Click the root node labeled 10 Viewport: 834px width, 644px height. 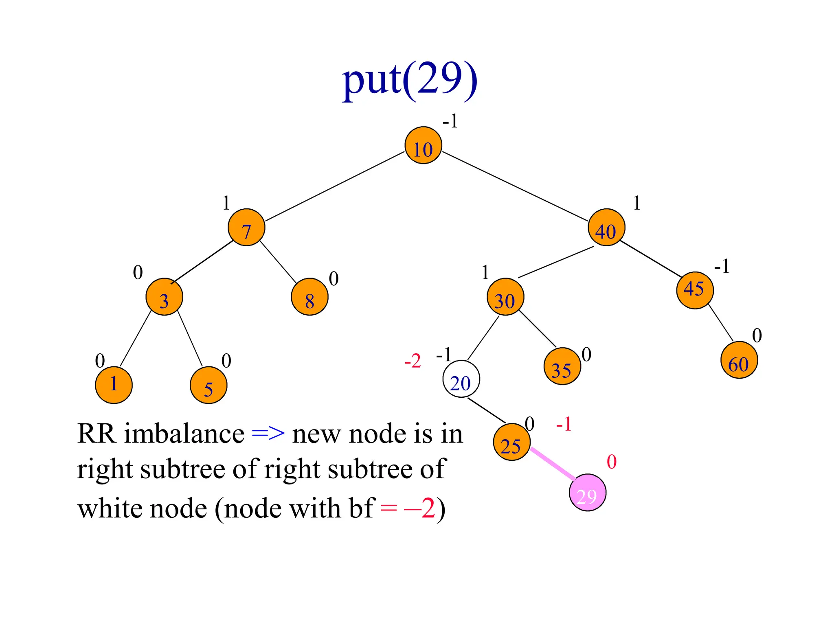pyautogui.click(x=423, y=145)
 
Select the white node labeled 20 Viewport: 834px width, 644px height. pyautogui.click(x=461, y=379)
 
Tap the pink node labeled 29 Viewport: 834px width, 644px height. pyautogui.click(x=587, y=493)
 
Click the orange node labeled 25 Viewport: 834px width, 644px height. pyautogui.click(x=511, y=442)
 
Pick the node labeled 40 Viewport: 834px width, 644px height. pyautogui.click(x=606, y=228)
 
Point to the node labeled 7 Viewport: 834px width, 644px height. pyautogui.click(x=246, y=228)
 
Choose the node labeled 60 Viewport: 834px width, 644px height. pyautogui.click(x=739, y=360)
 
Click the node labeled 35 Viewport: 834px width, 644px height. pyautogui.click(x=562, y=366)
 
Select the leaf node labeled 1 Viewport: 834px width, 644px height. pyautogui.click(x=114, y=385)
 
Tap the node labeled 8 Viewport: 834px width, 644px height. pyautogui.click(x=309, y=297)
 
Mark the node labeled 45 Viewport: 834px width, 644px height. pyautogui.click(x=695, y=291)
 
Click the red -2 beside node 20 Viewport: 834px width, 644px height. pyautogui.click(x=413, y=361)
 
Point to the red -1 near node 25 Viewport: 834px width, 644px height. pyautogui.click(x=564, y=425)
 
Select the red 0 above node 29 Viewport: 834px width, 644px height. pyautogui.click(x=611, y=462)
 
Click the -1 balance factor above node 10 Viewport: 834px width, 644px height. pyautogui.click(x=450, y=121)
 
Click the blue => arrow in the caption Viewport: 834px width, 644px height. pyautogui.click(x=268, y=434)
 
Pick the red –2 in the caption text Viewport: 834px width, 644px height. pyautogui.click(x=419, y=509)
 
